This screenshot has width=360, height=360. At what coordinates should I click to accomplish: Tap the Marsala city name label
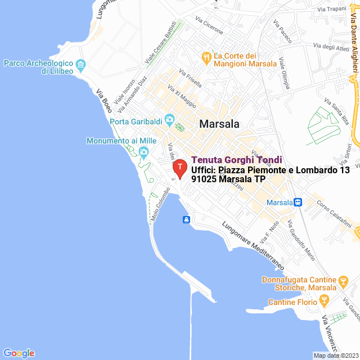click(x=219, y=124)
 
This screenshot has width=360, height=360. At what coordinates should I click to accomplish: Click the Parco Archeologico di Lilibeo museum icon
click(x=80, y=65)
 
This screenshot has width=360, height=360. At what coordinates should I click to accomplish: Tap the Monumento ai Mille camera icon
click(x=143, y=151)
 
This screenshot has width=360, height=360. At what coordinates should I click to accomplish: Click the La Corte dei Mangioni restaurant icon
click(x=206, y=56)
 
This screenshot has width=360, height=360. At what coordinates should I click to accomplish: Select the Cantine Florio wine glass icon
click(x=324, y=303)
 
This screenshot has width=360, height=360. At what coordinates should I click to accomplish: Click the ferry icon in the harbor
click(x=186, y=219)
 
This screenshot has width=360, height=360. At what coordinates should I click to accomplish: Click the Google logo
click(x=19, y=353)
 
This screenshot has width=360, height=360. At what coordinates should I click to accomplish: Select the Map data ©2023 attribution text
click(x=335, y=355)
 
